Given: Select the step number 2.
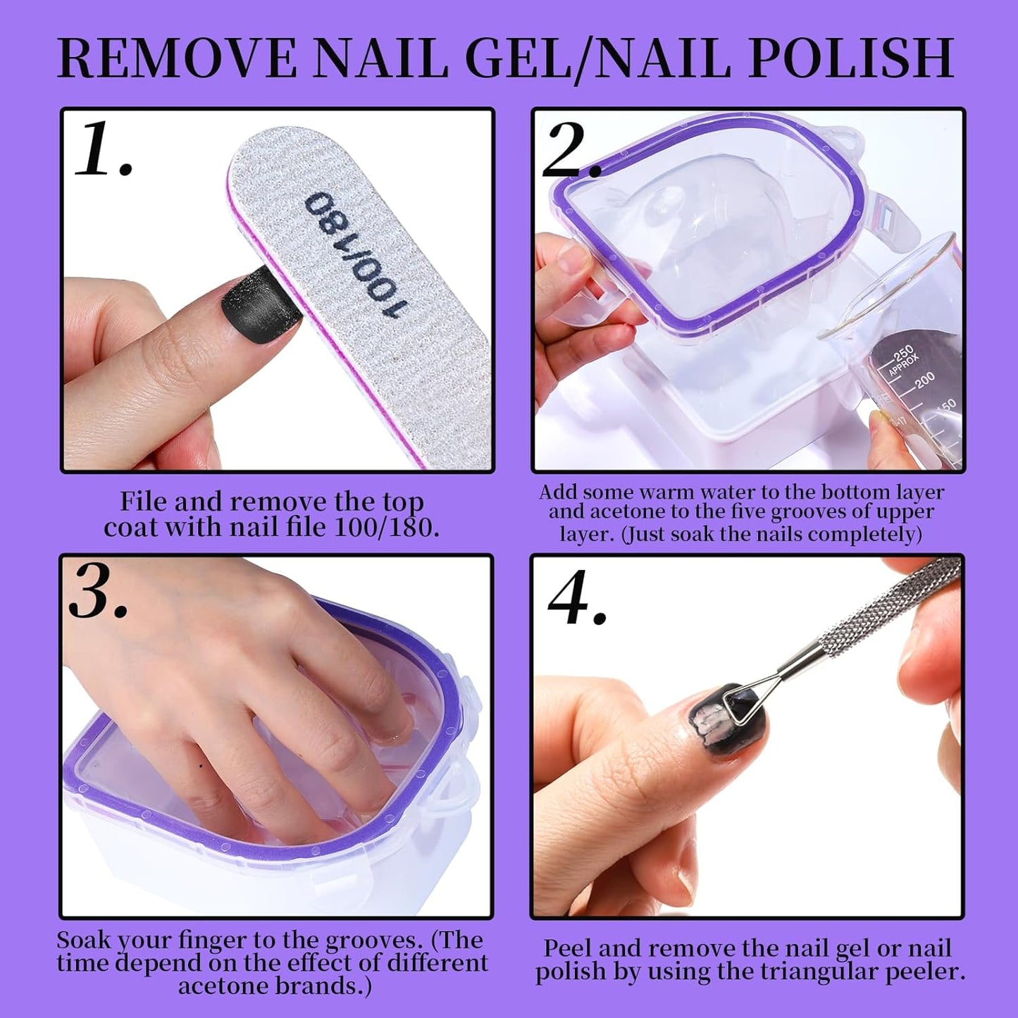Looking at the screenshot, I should click(569, 153).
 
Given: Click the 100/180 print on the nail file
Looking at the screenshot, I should click(356, 254).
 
